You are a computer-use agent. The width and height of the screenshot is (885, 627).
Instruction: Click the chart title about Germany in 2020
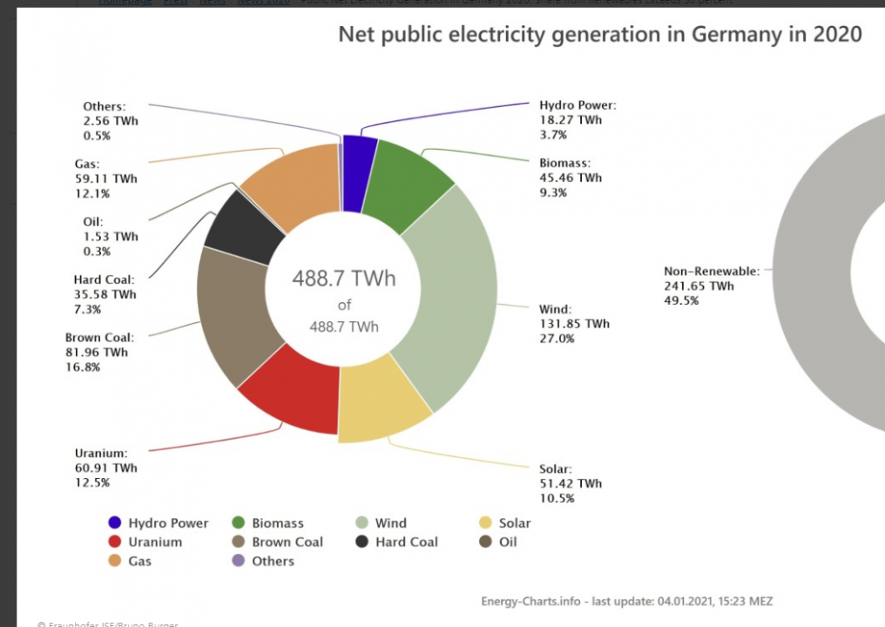pos(599,35)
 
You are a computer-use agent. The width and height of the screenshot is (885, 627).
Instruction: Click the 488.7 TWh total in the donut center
pos(343,279)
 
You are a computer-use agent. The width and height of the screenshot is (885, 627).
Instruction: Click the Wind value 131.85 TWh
pos(574,324)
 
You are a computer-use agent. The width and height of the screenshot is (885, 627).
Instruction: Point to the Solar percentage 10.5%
pos(557,498)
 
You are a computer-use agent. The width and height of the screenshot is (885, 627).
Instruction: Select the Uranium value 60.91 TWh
pos(105,468)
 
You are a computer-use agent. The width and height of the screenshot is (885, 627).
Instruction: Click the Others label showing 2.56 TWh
pos(111,121)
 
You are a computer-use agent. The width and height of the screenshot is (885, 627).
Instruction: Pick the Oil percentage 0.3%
pos(97,252)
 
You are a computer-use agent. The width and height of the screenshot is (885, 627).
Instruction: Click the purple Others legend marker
pos(238,561)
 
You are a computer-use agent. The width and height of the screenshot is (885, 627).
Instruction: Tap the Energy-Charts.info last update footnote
pos(626,601)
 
